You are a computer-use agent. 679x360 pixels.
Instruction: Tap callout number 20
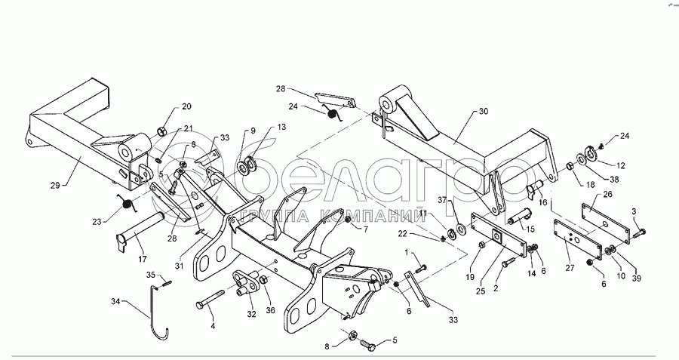tap(186, 107)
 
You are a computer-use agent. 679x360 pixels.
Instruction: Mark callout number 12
tap(621, 165)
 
